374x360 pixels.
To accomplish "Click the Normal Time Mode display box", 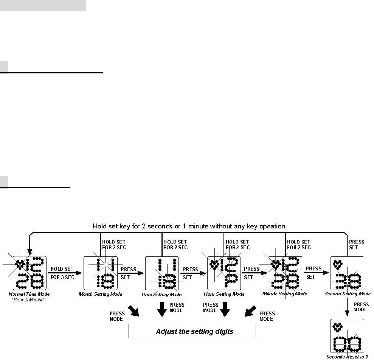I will coord(29,273).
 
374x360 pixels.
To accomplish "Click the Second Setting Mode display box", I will coord(347,273).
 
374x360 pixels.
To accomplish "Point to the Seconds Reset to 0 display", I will coord(347,336).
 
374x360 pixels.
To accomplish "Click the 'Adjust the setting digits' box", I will coord(192,332).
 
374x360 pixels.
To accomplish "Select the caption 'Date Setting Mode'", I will coord(162,295).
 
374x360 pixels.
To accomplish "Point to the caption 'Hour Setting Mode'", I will coord(224,294).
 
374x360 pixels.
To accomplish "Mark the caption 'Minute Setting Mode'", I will coord(285,294).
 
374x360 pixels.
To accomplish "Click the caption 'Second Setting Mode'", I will coord(348,294).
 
